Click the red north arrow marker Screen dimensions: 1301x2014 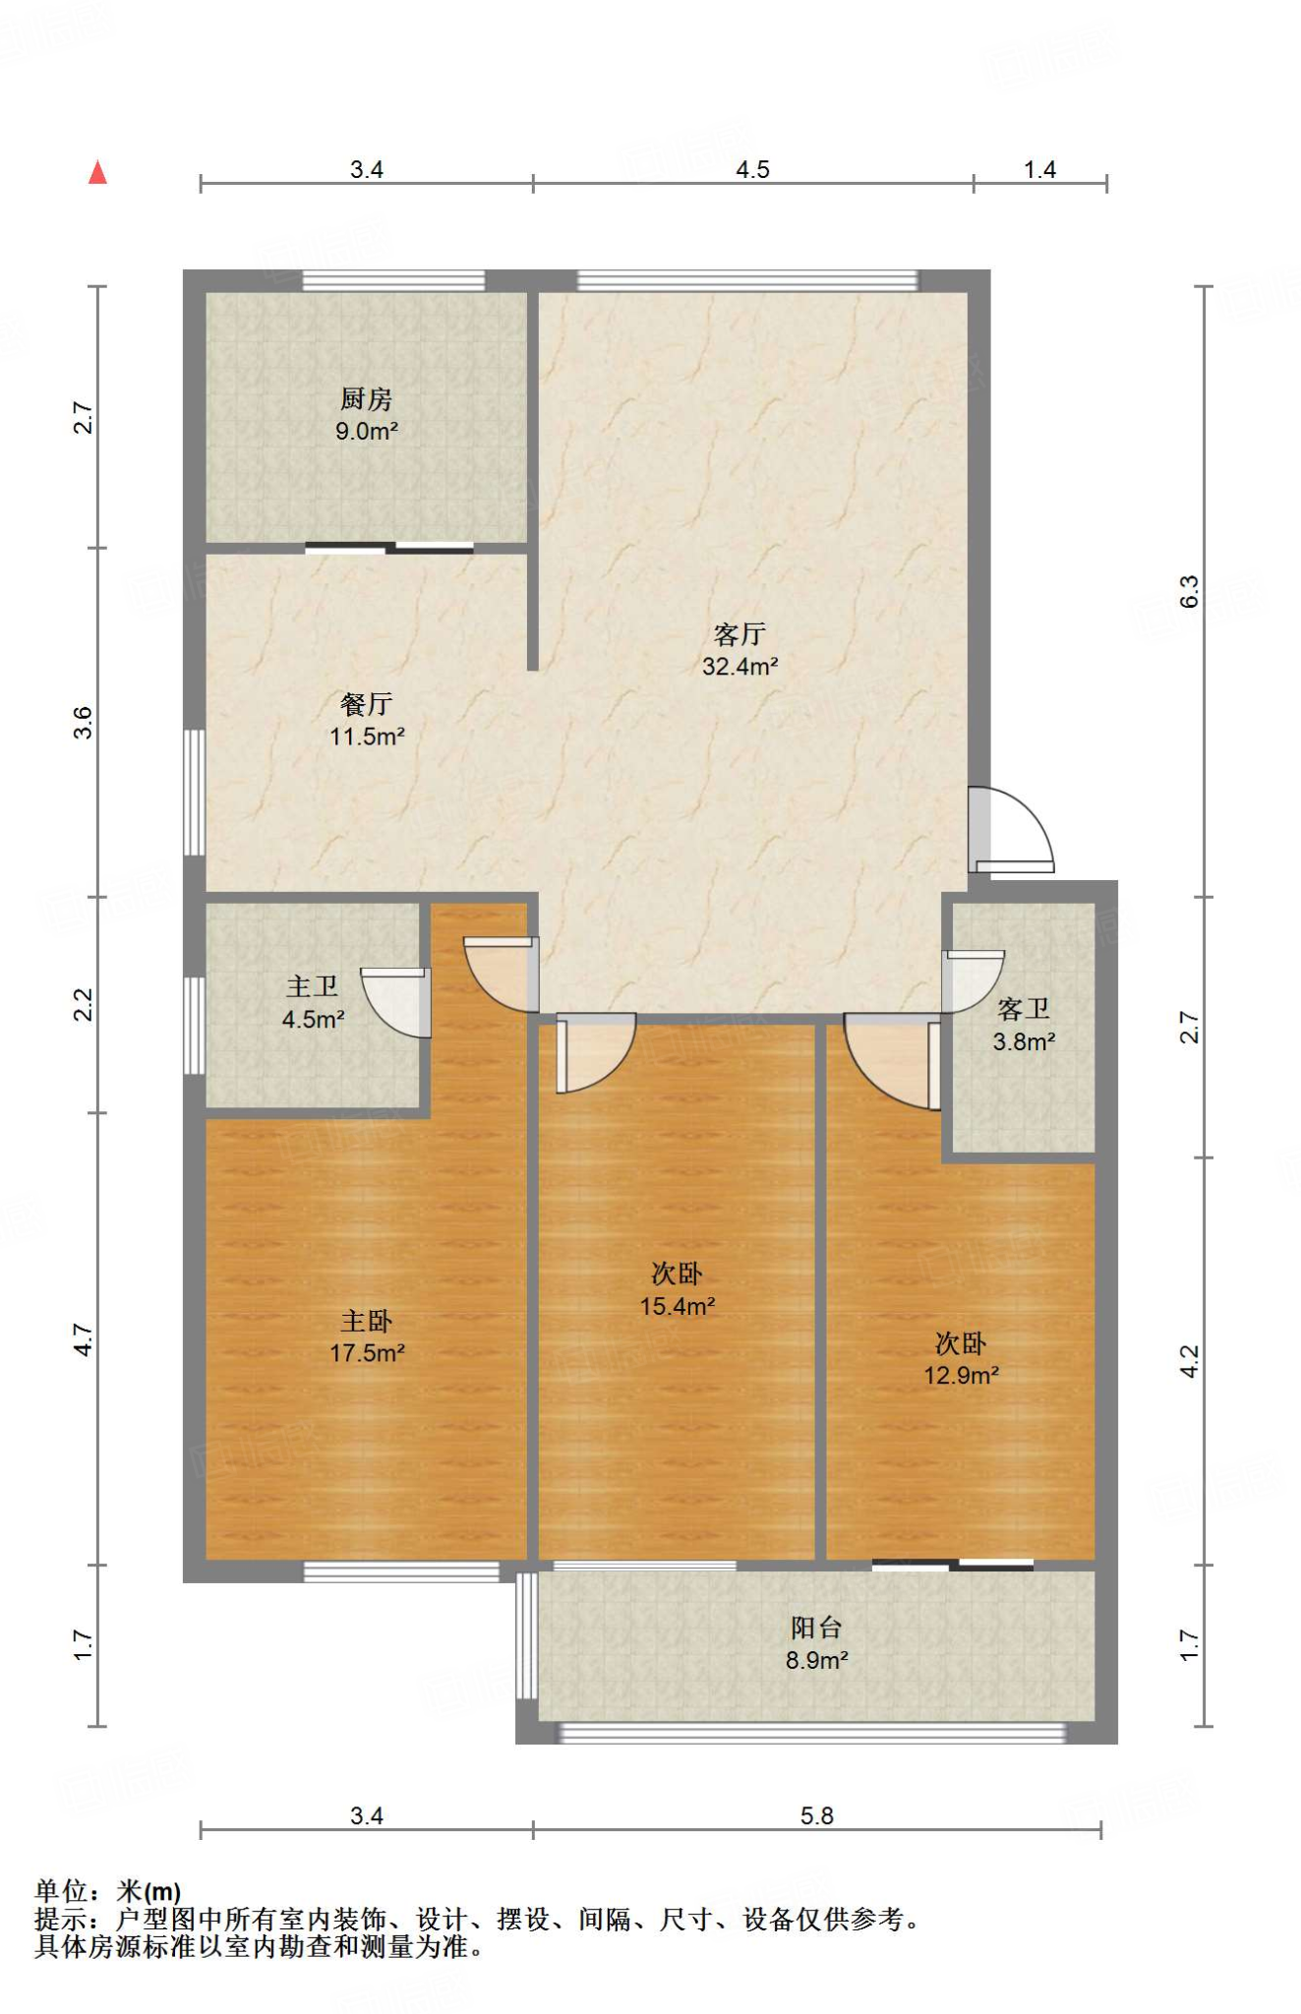click(97, 173)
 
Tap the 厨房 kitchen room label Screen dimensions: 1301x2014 click(366, 398)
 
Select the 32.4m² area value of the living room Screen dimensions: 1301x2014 click(739, 667)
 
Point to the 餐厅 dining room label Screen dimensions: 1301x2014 click(366, 703)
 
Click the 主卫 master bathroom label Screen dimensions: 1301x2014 click(313, 986)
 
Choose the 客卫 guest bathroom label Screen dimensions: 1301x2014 click(1024, 1009)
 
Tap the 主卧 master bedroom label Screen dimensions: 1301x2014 click(367, 1321)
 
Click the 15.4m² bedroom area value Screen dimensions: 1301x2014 click(678, 1307)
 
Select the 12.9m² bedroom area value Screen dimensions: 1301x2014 click(961, 1376)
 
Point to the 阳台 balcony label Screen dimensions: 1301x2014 click(816, 1628)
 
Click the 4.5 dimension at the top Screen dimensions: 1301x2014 click(752, 169)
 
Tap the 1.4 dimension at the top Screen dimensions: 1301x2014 click(1039, 169)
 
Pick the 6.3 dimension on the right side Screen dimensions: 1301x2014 click(1189, 591)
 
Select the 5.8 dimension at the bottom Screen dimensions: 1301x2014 click(816, 1815)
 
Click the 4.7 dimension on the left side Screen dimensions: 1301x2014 click(84, 1339)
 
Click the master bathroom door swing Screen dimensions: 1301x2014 click(397, 1002)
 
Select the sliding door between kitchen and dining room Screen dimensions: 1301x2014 click(389, 548)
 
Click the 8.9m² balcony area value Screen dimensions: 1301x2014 click(816, 1661)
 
